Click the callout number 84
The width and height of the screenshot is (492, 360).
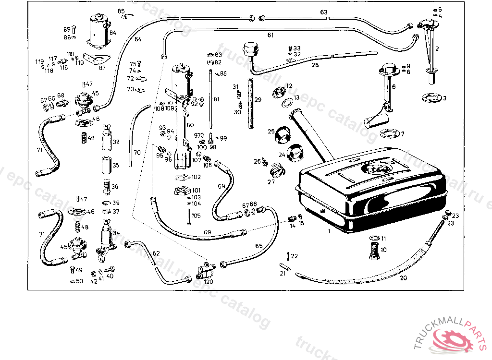113,33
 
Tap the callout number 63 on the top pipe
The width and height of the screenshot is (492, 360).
324,12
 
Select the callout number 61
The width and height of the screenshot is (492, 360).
270,35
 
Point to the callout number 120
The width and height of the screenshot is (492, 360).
208,282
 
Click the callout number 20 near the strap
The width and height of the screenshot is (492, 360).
403,277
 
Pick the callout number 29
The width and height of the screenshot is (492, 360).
258,100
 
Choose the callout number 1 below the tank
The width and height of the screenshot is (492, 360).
329,231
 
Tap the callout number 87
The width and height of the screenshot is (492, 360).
102,68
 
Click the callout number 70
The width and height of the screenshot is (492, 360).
137,153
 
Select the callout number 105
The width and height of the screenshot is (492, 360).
196,216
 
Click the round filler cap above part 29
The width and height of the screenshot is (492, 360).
249,48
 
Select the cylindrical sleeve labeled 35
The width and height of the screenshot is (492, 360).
106,166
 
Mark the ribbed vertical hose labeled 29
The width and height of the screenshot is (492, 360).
251,103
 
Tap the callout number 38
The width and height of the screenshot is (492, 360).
116,142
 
